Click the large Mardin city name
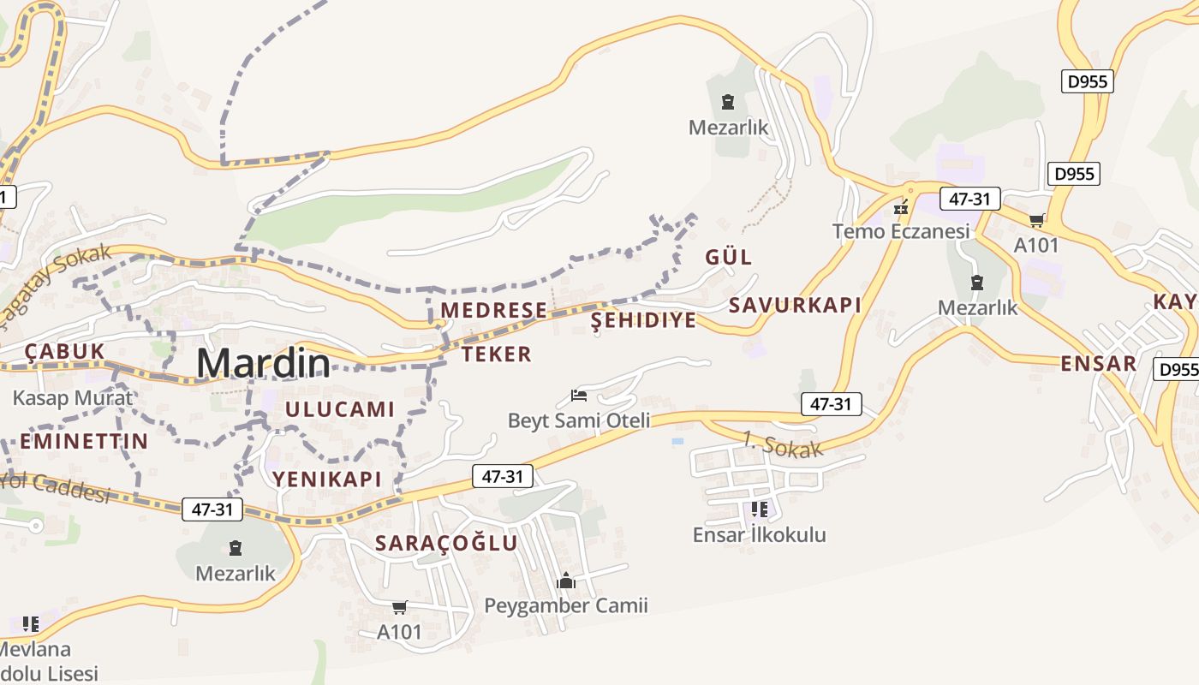pos(263,363)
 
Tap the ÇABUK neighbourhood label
pos(64,351)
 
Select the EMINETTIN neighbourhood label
pos(84,442)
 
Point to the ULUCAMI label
pos(340,409)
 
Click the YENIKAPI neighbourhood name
pos(327,479)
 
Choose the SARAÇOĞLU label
pos(446,543)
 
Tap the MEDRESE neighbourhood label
pos(493,310)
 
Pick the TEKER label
pos(497,354)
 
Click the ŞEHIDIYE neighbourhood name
pos(644,320)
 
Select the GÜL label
pos(729,257)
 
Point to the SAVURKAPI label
pos(795,306)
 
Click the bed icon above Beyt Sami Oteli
pos(579,396)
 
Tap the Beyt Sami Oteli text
pos(579,420)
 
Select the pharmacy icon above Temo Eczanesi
pos(900,207)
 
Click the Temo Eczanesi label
pos(901,231)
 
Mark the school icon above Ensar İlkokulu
pos(759,510)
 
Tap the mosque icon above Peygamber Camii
pos(565,581)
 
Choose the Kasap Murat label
pos(73,398)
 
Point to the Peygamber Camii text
pos(566,606)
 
